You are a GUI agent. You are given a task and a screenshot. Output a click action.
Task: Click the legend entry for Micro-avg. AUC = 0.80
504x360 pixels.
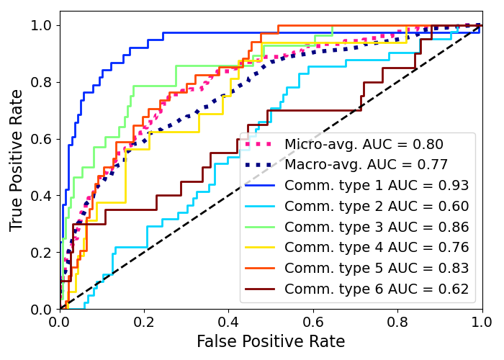[x=364, y=144]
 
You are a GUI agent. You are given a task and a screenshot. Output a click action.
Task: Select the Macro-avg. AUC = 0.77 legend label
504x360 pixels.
[x=366, y=165]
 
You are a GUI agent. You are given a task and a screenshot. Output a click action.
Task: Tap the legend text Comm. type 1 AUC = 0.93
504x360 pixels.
[x=377, y=186]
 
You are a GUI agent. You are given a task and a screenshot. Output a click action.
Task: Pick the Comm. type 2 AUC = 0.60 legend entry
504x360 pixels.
[x=377, y=207]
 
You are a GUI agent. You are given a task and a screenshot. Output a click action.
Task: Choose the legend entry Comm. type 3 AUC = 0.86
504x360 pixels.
[x=377, y=228]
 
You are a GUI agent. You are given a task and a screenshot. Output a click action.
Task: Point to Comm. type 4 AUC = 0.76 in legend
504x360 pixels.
[x=377, y=248]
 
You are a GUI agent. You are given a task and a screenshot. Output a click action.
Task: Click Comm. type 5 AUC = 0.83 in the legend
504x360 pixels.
[x=377, y=269]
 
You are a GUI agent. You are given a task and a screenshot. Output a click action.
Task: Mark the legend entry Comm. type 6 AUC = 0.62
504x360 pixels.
[x=377, y=289]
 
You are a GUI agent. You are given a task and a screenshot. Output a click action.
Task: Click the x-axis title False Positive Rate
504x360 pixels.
[x=271, y=342]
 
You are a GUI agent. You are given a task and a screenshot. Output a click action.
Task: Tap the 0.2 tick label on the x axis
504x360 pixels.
[x=144, y=321]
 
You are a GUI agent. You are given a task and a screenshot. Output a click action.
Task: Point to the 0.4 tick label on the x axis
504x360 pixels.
[x=228, y=321]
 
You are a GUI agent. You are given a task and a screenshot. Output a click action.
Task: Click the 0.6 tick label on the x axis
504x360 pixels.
[x=313, y=321]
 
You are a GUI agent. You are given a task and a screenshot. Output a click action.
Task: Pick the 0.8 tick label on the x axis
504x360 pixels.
[x=397, y=321]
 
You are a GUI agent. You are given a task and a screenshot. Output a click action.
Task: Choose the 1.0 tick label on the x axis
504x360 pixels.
[x=481, y=321]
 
